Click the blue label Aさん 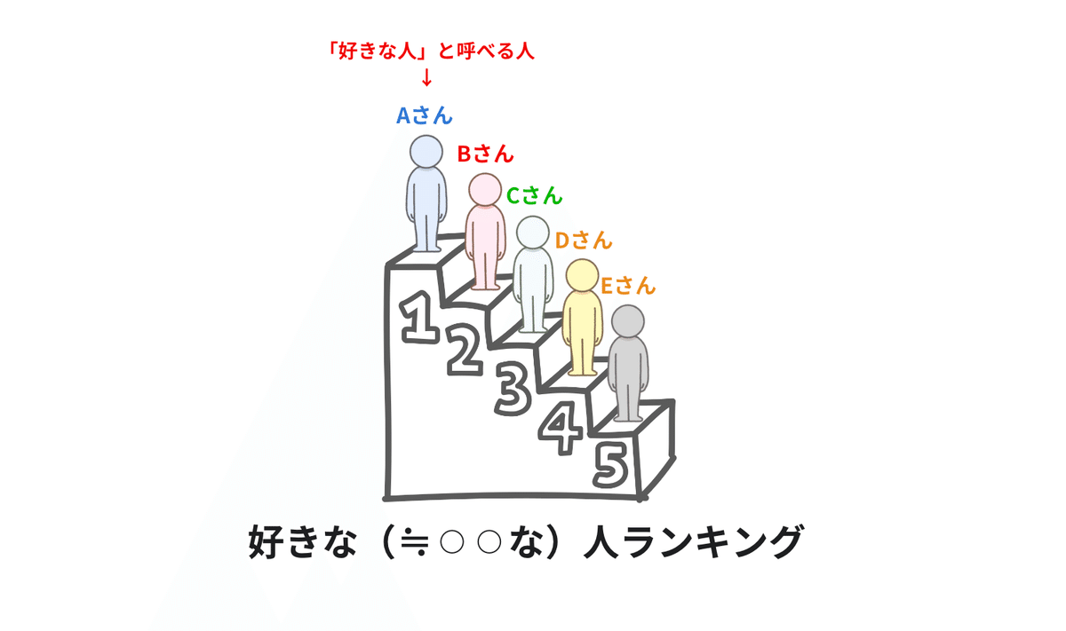pos(424,114)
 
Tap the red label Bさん pos(485,154)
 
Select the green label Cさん pos(534,195)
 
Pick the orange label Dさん pos(584,240)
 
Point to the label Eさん pos(627,286)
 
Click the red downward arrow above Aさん pos(426,77)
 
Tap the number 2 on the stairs pos(464,350)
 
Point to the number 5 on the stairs pos(612,464)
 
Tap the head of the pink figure pos(484,189)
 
